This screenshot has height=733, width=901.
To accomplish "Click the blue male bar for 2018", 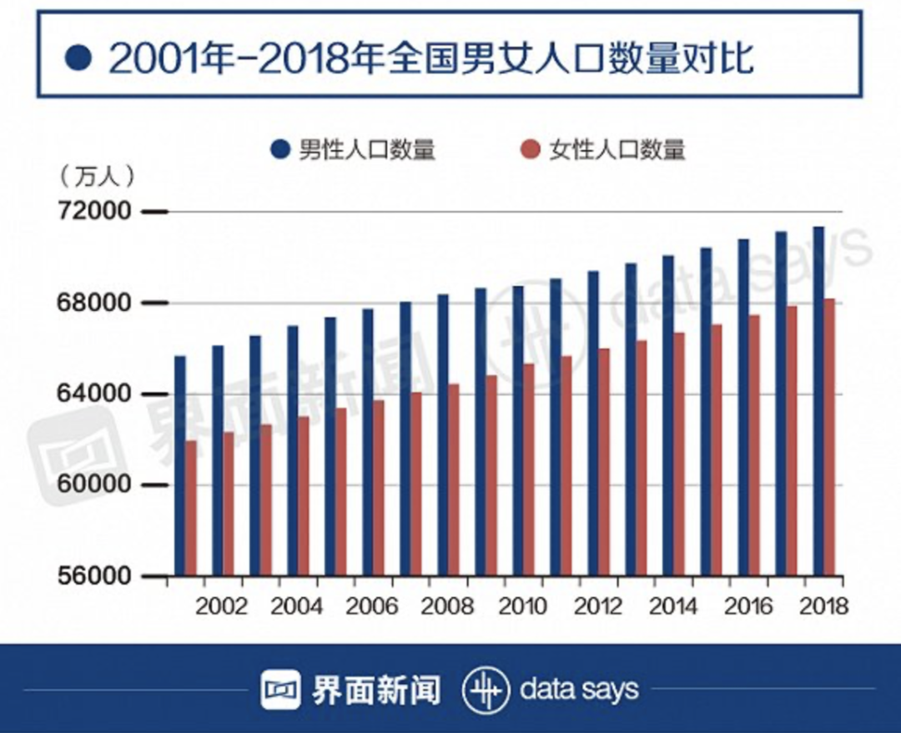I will tap(818, 400).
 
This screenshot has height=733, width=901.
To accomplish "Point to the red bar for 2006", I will tap(379, 488).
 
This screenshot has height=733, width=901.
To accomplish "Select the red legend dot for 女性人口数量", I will tap(530, 150).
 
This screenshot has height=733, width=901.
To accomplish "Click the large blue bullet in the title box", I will tap(78, 59).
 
